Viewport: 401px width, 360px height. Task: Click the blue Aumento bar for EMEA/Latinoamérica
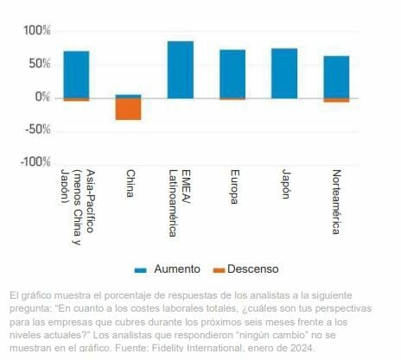coord(180,69)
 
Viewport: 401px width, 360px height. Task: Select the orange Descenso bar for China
coord(128,109)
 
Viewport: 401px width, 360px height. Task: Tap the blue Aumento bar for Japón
coord(284,73)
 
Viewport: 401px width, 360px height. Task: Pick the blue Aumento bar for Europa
coord(232,73)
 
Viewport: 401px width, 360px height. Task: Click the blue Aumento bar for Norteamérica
coord(336,76)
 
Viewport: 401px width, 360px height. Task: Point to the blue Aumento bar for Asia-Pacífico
coord(76,74)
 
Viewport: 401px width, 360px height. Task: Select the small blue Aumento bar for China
coord(128,96)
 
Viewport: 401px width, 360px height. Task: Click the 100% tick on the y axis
coord(36,31)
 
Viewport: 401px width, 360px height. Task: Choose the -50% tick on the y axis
coord(37,129)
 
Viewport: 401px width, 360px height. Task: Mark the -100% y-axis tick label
coord(35,162)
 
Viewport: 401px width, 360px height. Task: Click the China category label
coord(130,183)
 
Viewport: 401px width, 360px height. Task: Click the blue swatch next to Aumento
coord(141,269)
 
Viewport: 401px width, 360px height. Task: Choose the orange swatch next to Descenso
coord(219,269)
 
